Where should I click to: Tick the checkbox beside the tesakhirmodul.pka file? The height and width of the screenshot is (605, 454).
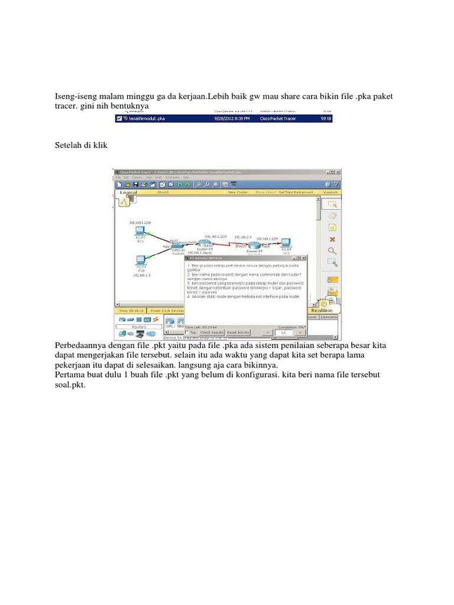click(x=119, y=119)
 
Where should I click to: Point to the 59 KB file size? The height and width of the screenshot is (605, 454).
click(x=326, y=119)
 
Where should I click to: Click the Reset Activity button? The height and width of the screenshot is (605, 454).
click(x=239, y=333)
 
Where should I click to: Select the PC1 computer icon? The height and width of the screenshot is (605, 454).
click(x=140, y=230)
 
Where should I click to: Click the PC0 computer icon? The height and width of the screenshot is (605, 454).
click(x=141, y=260)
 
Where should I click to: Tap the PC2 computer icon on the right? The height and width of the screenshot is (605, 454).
click(x=286, y=243)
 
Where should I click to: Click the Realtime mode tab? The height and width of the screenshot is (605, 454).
click(x=322, y=310)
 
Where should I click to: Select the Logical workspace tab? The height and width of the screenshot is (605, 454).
click(x=128, y=193)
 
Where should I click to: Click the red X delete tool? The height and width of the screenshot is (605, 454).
click(x=332, y=239)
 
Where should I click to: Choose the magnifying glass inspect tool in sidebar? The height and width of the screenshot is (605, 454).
click(x=332, y=251)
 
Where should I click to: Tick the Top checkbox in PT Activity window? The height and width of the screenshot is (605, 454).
click(x=187, y=333)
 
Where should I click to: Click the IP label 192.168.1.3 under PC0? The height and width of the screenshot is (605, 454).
click(x=141, y=275)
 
